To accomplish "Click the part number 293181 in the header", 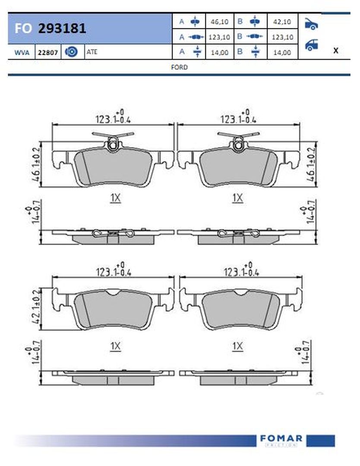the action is (x=62, y=28).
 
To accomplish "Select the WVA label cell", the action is (x=22, y=53).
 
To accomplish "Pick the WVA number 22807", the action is (x=47, y=53).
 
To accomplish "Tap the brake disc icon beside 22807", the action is (x=71, y=52).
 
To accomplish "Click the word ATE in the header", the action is (x=92, y=52).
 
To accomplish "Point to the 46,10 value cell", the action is (x=219, y=22).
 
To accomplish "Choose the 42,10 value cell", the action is (x=282, y=22).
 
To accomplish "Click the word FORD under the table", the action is (x=179, y=67).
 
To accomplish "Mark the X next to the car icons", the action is (x=336, y=50).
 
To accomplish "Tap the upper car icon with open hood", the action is (x=311, y=24).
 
